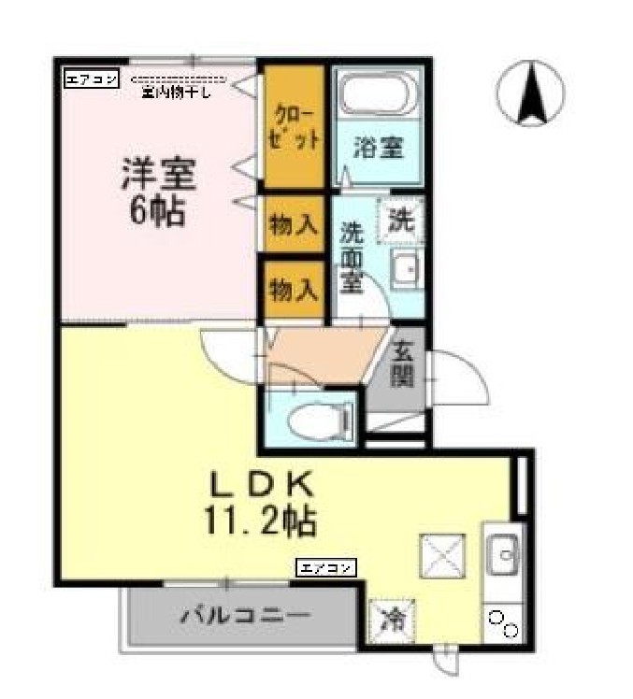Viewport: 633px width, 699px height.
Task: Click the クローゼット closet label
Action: coord(293,126)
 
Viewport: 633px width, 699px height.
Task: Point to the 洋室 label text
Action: coord(156,175)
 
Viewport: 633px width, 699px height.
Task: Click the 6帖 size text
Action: coord(156,211)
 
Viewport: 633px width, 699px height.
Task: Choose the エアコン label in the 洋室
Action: coord(91,79)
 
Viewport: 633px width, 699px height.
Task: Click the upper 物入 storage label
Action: coord(293,224)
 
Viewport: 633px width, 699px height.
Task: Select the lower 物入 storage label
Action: coord(293,289)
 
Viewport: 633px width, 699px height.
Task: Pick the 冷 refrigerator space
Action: coord(389,618)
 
